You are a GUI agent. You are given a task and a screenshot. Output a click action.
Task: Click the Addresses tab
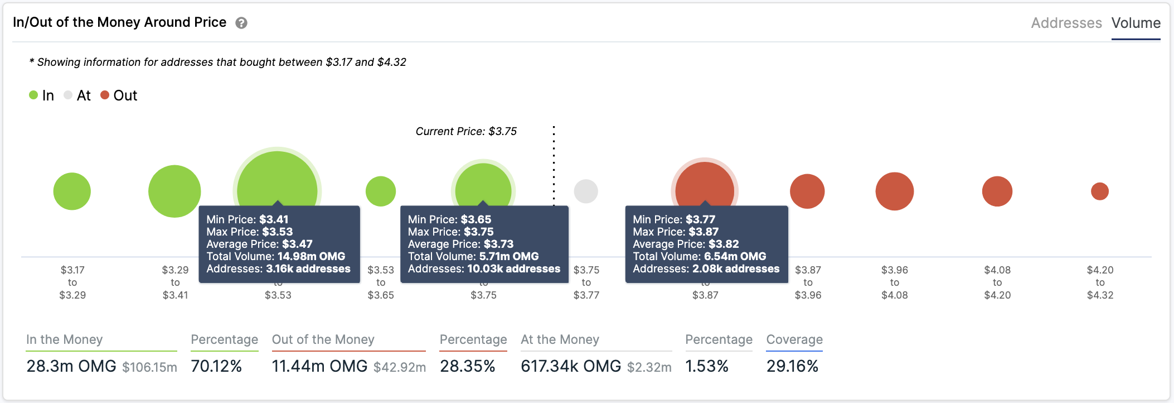(1066, 23)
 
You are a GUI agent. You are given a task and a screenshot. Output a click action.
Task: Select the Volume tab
(1136, 23)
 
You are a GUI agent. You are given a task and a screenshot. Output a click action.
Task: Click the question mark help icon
(241, 23)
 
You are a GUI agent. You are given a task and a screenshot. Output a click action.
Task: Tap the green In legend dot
(33, 95)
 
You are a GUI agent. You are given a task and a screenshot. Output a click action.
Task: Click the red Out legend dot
(104, 95)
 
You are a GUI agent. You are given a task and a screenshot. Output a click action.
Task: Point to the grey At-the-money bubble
(586, 191)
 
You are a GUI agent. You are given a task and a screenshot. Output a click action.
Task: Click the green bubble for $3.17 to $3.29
(72, 191)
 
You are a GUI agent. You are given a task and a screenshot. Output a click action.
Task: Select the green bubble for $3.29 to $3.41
(174, 191)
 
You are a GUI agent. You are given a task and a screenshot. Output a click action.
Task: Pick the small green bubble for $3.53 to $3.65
(381, 191)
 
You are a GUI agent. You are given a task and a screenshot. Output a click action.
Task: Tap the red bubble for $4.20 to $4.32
(1100, 191)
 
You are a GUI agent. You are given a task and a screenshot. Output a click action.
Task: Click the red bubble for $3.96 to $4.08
(895, 191)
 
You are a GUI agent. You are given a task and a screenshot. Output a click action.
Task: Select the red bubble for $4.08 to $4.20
(997, 191)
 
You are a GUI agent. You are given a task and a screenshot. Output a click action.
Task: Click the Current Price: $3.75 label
(466, 131)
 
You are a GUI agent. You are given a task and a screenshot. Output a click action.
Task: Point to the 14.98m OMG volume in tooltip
(311, 256)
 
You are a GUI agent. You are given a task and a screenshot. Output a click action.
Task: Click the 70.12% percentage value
(216, 366)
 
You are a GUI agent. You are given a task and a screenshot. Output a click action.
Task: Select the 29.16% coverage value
(792, 366)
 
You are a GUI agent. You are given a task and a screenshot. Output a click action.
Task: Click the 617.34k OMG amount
(571, 366)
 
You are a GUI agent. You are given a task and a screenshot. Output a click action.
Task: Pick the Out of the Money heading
(323, 339)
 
